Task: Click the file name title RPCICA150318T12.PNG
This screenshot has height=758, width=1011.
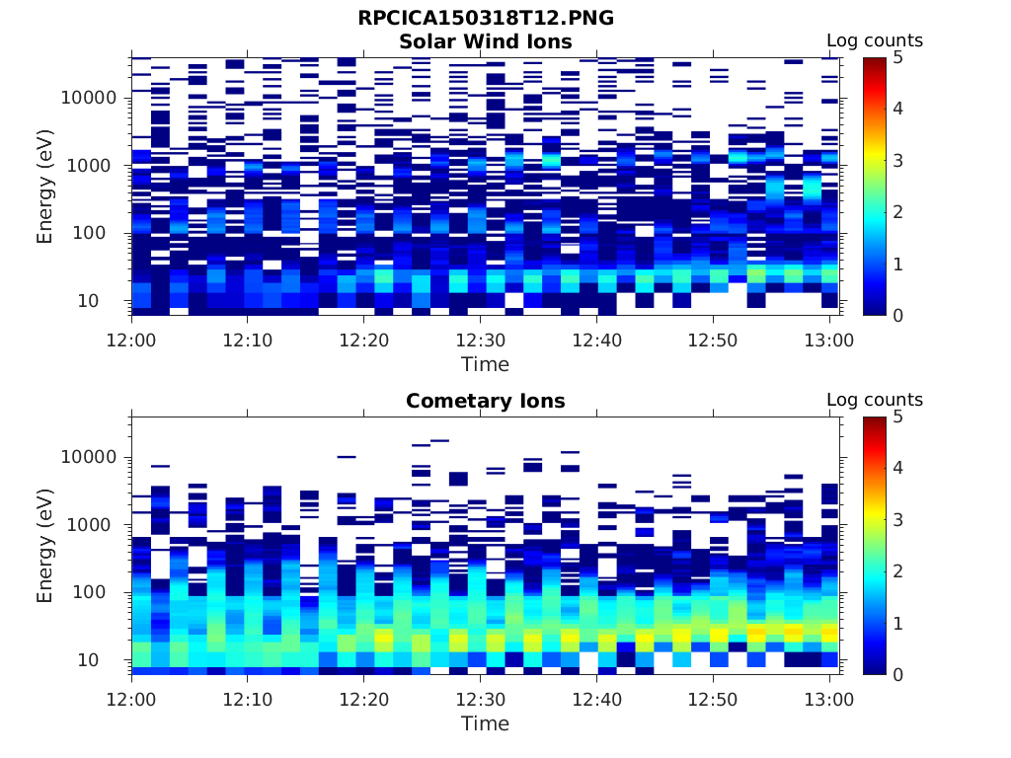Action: pos(485,19)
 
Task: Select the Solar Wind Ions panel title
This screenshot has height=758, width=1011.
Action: pos(485,41)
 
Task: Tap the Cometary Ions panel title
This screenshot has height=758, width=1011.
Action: pos(485,401)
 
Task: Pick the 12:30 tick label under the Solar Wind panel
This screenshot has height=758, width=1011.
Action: pos(480,340)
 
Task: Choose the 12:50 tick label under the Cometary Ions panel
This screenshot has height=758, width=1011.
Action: pos(713,699)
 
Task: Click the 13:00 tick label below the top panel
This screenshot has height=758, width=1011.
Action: pos(829,340)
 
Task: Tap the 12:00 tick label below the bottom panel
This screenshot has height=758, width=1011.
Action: pos(131,699)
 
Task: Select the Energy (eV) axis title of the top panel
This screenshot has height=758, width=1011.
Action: pos(45,186)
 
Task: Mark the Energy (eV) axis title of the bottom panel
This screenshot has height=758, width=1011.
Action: pos(45,545)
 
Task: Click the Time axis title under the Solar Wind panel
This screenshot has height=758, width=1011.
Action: pos(485,364)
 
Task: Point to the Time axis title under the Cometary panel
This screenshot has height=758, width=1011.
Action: pos(485,723)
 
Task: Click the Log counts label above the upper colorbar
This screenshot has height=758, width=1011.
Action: pos(874,40)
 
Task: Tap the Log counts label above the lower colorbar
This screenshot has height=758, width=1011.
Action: pos(874,400)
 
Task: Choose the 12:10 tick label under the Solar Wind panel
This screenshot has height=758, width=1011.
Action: pos(247,340)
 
